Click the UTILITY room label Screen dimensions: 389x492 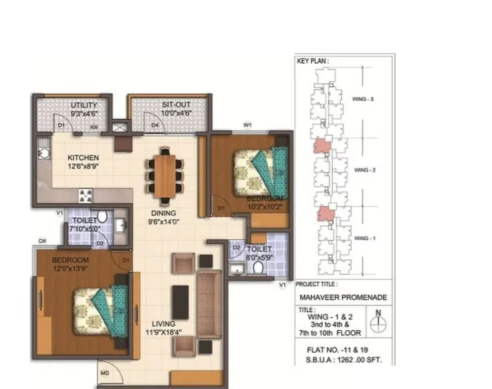[x=84, y=105]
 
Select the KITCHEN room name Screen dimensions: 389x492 [x=84, y=158]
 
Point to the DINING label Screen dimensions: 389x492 [x=162, y=214]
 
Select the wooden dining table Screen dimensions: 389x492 [x=164, y=171]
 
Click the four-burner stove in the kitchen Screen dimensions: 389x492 [x=86, y=194]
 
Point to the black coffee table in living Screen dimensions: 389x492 [x=180, y=301]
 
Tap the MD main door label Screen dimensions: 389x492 [x=104, y=373]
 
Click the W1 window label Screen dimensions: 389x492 [x=247, y=125]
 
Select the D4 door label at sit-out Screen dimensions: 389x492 [x=154, y=125]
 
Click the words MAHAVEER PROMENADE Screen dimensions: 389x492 [x=342, y=297]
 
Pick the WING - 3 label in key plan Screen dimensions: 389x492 [x=363, y=99]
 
